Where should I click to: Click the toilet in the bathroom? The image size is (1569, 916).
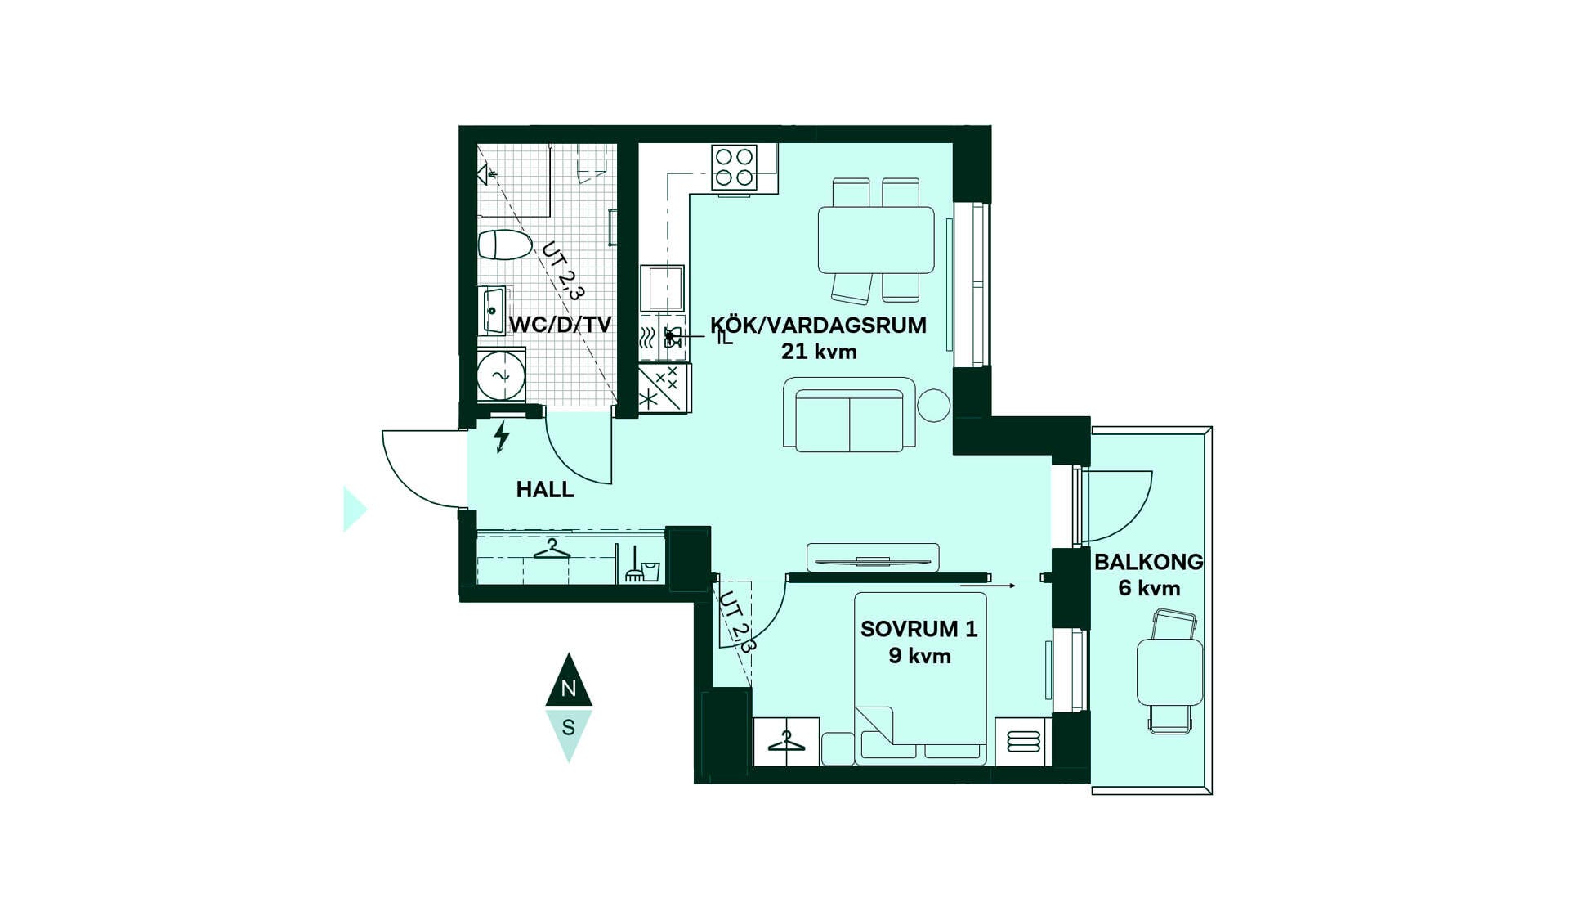[x=505, y=245]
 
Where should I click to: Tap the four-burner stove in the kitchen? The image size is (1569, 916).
[x=734, y=167]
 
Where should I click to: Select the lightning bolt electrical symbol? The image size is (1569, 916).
[x=502, y=437]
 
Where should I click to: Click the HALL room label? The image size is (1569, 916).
[x=545, y=489]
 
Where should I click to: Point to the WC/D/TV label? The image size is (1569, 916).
[x=560, y=325]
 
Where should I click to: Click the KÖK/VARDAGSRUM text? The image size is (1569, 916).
[x=818, y=325]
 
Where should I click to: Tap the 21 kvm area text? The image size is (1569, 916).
[x=819, y=352]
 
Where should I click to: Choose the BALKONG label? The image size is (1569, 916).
[x=1148, y=562]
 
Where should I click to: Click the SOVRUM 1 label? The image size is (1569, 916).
[x=919, y=629]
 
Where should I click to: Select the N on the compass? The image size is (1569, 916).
[x=569, y=689]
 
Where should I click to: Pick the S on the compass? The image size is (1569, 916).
[x=569, y=727]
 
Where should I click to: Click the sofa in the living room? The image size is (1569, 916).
[x=849, y=415]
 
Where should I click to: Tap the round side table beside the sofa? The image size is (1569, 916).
[x=933, y=405]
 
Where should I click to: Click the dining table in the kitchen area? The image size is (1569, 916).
[x=876, y=240]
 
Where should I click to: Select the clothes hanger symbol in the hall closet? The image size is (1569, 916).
[x=552, y=550]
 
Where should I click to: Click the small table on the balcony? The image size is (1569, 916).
[x=1169, y=672]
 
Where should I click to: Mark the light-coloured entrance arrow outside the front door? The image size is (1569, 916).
[x=355, y=510]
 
